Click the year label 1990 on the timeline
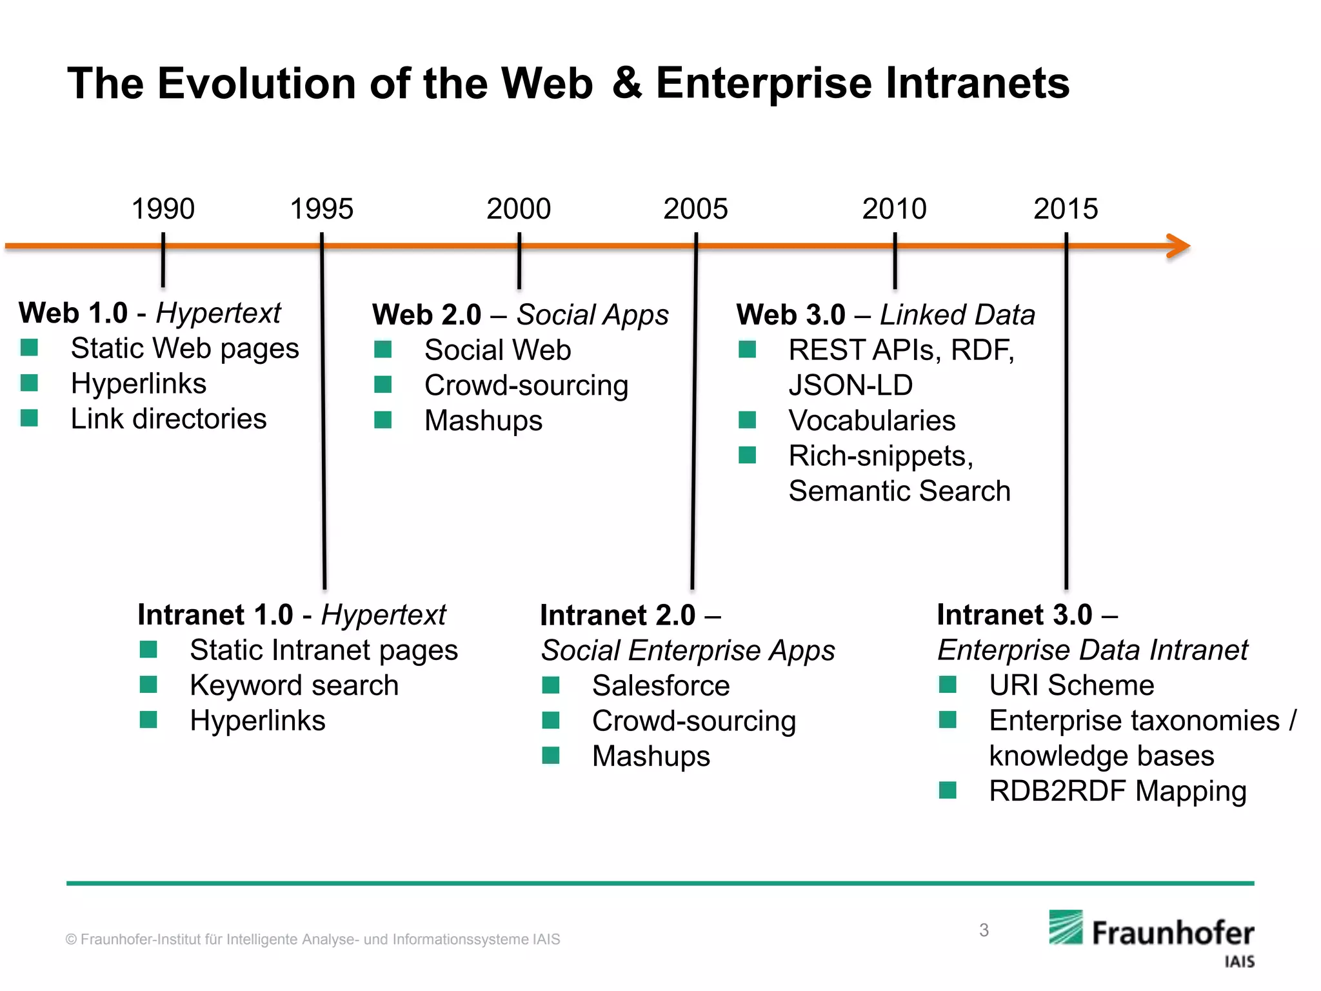click(163, 209)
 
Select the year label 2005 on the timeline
click(695, 209)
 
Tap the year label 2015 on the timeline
click(1066, 209)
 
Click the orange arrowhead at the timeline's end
click(1180, 246)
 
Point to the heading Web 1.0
click(74, 314)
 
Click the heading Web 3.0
click(791, 315)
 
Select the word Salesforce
click(660, 686)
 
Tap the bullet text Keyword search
click(294, 686)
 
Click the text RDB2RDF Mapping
click(1117, 792)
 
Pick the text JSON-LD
click(850, 386)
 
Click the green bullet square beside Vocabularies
click(747, 421)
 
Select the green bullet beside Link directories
click(29, 419)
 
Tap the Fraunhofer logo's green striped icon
click(1066, 928)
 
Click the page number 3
click(984, 930)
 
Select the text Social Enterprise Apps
click(688, 650)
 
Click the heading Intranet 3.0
click(1015, 615)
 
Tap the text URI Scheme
click(1071, 686)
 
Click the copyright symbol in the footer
click(71, 940)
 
